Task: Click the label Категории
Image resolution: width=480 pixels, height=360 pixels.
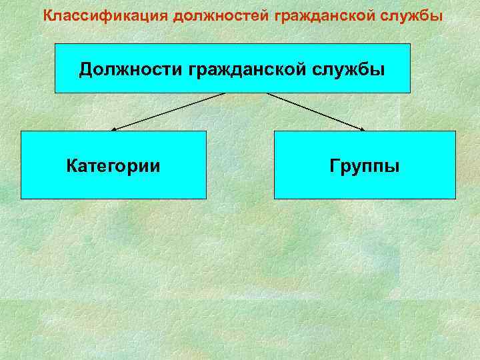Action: click(x=113, y=165)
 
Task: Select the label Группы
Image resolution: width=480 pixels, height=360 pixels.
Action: click(x=365, y=165)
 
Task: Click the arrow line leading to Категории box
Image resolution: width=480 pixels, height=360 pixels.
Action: click(x=167, y=111)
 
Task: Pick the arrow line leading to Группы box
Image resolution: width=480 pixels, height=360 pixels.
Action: click(x=317, y=111)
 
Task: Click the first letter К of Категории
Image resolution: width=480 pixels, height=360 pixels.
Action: click(x=71, y=165)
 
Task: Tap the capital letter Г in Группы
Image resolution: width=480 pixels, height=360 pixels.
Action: click(x=334, y=165)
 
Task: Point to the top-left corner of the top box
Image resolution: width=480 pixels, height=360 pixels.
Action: click(x=55, y=44)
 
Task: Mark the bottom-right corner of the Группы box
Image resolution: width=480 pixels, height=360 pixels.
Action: click(x=455, y=199)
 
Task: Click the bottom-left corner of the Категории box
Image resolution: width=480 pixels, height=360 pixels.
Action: click(x=21, y=199)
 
